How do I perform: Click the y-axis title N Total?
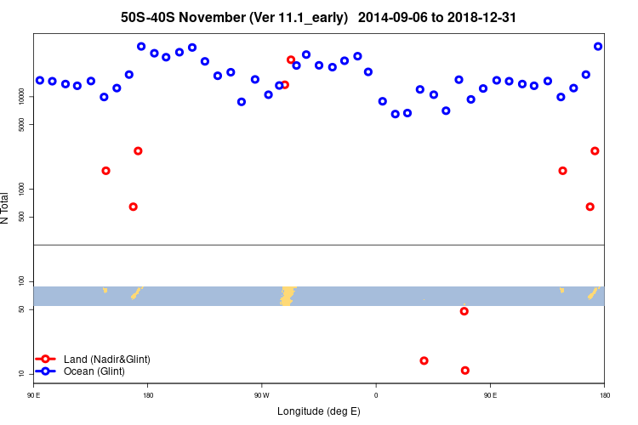pyautogui.click(x=5, y=208)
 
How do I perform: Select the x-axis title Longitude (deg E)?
pyautogui.click(x=319, y=411)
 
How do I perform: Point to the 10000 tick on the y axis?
pyautogui.click(x=22, y=97)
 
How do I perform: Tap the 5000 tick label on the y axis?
pyautogui.click(x=22, y=125)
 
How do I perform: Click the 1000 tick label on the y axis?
pyautogui.click(x=22, y=188)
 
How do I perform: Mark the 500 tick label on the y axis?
pyautogui.click(x=22, y=217)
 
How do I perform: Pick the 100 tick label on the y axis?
pyautogui.click(x=22, y=281)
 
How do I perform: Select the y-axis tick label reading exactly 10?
pyautogui.click(x=22, y=374)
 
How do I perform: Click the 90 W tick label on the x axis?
pyautogui.click(x=261, y=395)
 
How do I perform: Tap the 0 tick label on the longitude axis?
pyautogui.click(x=376, y=395)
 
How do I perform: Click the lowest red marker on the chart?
pyautogui.click(x=464, y=371)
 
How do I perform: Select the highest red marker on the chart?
pyautogui.click(x=291, y=60)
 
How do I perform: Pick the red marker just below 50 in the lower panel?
pyautogui.click(x=464, y=311)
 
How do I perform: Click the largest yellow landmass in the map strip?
pyautogui.click(x=288, y=295)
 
